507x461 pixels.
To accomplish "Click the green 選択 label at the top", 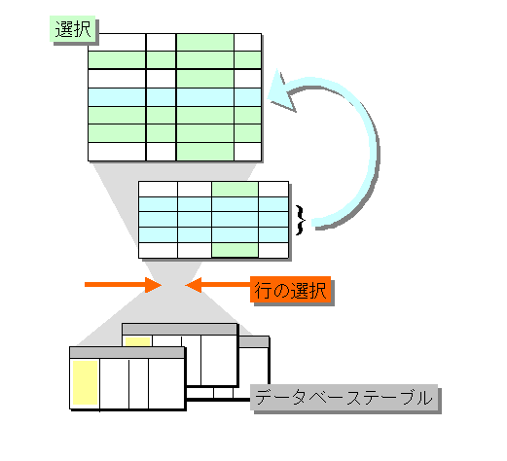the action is click(72, 29).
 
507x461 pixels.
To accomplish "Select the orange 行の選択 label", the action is click(290, 290).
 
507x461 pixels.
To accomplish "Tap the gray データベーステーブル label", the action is click(344, 398).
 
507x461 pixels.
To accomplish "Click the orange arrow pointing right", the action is click(123, 285).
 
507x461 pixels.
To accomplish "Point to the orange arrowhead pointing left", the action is click(194, 285).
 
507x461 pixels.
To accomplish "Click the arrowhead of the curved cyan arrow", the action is click(280, 92).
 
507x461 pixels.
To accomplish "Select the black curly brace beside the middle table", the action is click(301, 220).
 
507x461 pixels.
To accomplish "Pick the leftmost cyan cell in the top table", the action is click(117, 97).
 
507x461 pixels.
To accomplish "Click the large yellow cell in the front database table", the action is click(86, 382).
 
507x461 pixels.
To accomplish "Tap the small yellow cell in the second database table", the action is click(138, 342).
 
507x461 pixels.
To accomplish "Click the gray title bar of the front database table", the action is click(127, 353).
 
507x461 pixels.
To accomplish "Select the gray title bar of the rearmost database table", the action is click(254, 341).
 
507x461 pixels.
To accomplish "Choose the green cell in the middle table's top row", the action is click(235, 189).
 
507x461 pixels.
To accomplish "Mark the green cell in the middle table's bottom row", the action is click(235, 250).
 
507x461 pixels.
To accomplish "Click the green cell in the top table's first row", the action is click(205, 42).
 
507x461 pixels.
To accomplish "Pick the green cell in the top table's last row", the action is click(205, 152).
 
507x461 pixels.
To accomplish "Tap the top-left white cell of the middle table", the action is click(158, 189).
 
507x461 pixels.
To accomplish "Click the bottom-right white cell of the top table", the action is click(247, 152).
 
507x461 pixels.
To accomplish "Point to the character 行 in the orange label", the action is click(263, 290).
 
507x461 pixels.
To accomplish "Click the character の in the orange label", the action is click(280, 291).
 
